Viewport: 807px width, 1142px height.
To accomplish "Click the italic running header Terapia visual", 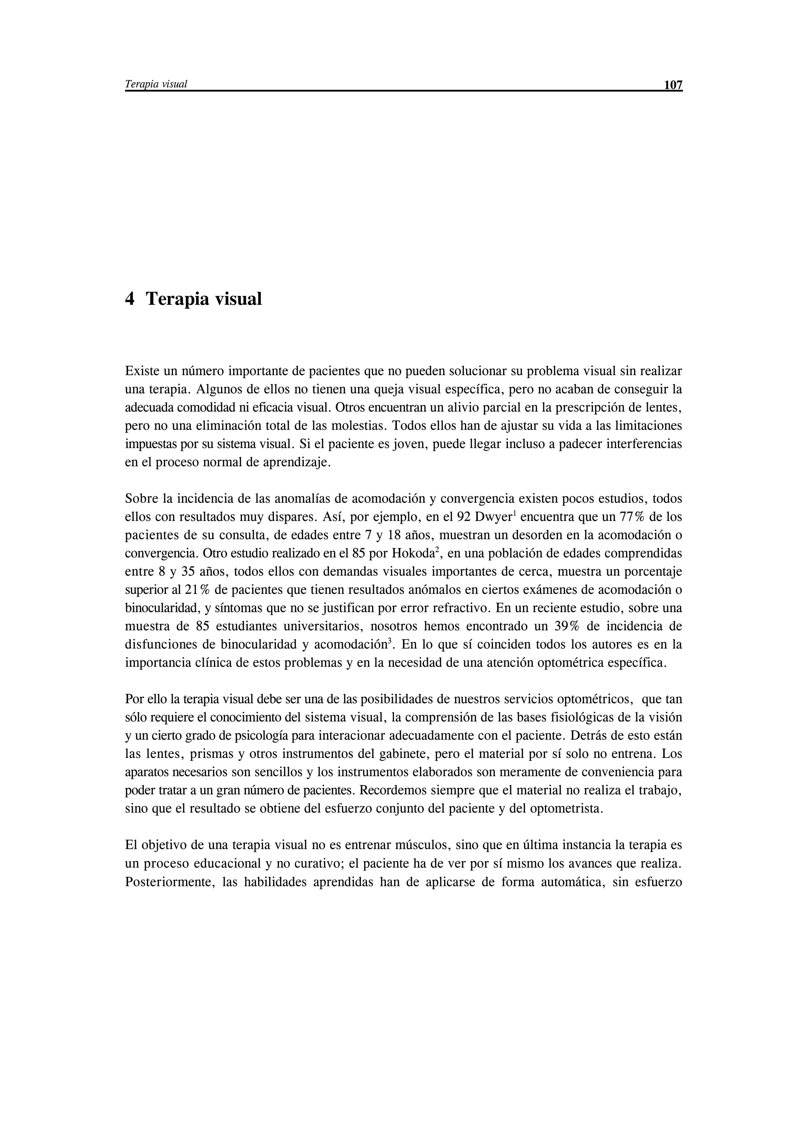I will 156,84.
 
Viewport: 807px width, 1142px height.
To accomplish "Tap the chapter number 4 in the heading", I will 129,299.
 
